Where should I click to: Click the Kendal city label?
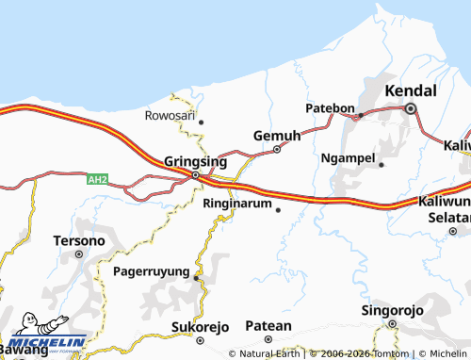(412, 91)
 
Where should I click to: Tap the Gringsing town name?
(194, 160)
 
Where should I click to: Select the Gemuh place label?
(277, 136)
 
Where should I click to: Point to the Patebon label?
(329, 108)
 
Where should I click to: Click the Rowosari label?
(171, 116)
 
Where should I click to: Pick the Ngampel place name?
(349, 157)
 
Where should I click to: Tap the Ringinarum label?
(237, 203)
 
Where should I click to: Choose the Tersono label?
(79, 240)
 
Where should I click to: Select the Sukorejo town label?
(200, 327)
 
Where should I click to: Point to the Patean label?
(268, 325)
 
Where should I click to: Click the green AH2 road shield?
(98, 178)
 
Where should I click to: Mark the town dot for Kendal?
(411, 109)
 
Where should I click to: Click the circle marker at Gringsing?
(195, 174)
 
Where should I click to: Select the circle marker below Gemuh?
(277, 149)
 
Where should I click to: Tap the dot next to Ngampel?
(382, 165)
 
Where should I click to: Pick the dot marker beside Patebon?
(359, 116)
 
